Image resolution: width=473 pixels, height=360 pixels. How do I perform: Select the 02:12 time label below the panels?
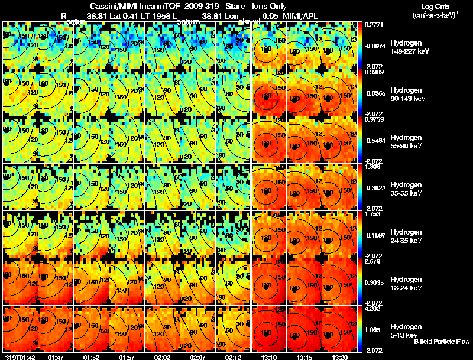point(234,357)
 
